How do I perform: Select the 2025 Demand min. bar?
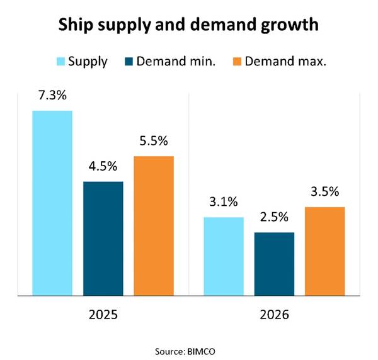[103, 238]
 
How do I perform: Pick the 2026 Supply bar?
[224, 256]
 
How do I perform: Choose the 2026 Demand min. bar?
[274, 263]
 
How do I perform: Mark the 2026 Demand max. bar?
[325, 250]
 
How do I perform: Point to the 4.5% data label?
[103, 167]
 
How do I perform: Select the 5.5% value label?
[154, 142]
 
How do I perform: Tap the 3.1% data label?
[224, 203]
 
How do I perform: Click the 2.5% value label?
[274, 218]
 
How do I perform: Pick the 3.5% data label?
[325, 192]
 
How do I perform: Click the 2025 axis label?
[103, 313]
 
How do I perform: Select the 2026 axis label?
[274, 313]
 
